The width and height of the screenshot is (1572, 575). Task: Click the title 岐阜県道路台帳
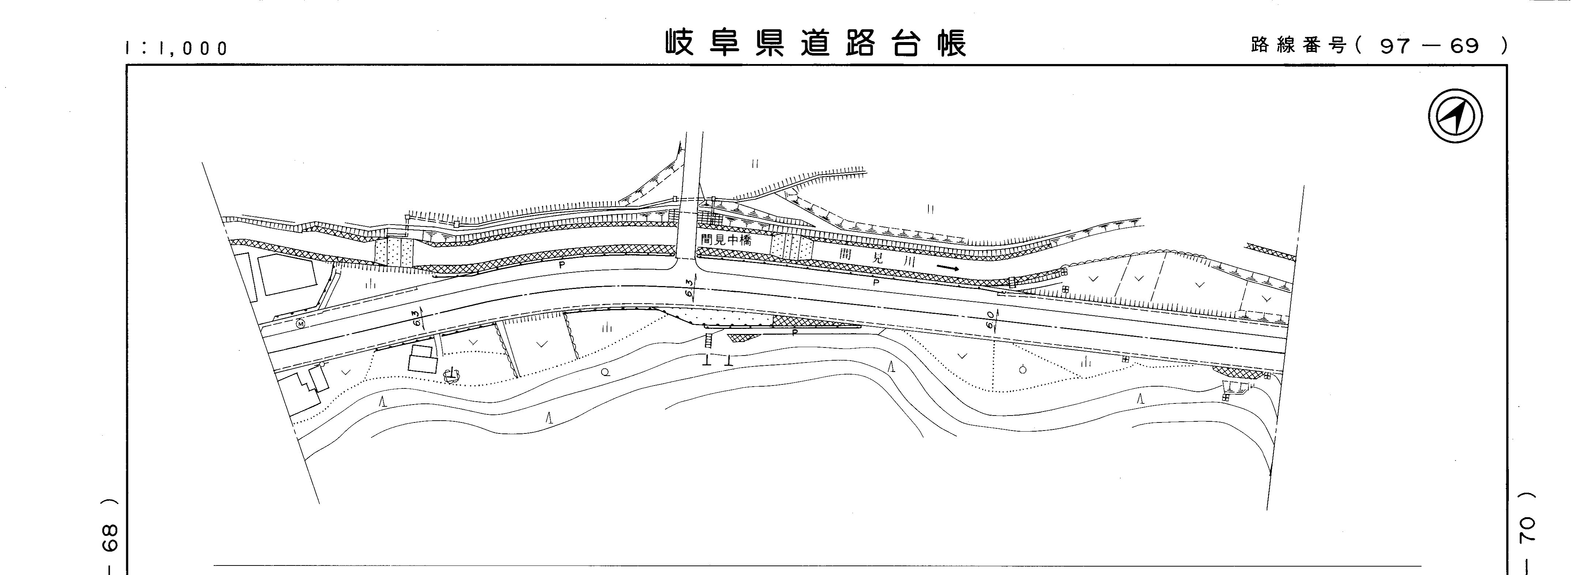[x=816, y=43]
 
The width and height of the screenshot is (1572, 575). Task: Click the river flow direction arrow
[x=948, y=268]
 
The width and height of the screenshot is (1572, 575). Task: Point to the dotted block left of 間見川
[x=791, y=247]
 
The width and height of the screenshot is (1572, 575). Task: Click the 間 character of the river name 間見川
[x=845, y=253]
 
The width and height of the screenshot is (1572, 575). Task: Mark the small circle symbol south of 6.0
[x=1023, y=369]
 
